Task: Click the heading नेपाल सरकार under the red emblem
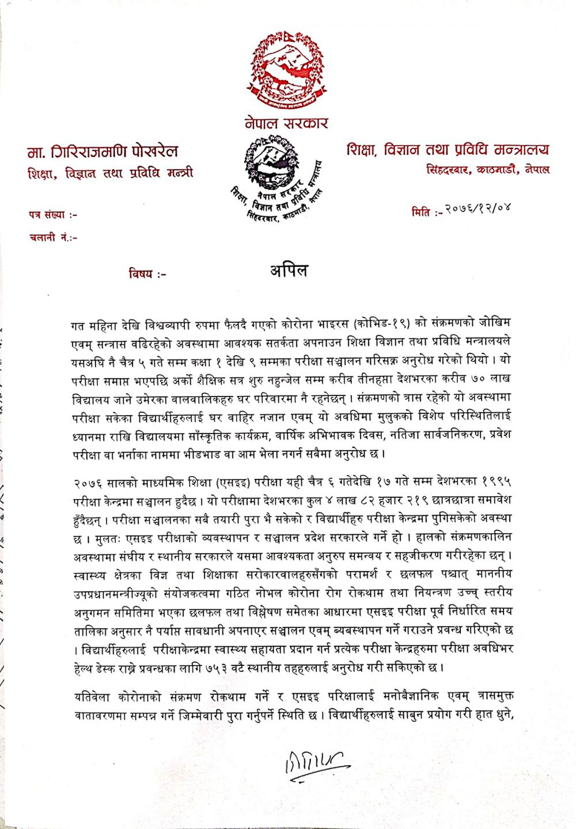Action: (x=286, y=123)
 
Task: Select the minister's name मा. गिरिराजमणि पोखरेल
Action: (x=103, y=152)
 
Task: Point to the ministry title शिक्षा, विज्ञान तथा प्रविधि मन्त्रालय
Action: (x=448, y=150)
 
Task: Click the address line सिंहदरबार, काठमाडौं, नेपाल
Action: (x=488, y=169)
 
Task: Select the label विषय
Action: (x=147, y=274)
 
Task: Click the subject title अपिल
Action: (x=289, y=271)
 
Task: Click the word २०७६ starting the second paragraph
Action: (x=88, y=481)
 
